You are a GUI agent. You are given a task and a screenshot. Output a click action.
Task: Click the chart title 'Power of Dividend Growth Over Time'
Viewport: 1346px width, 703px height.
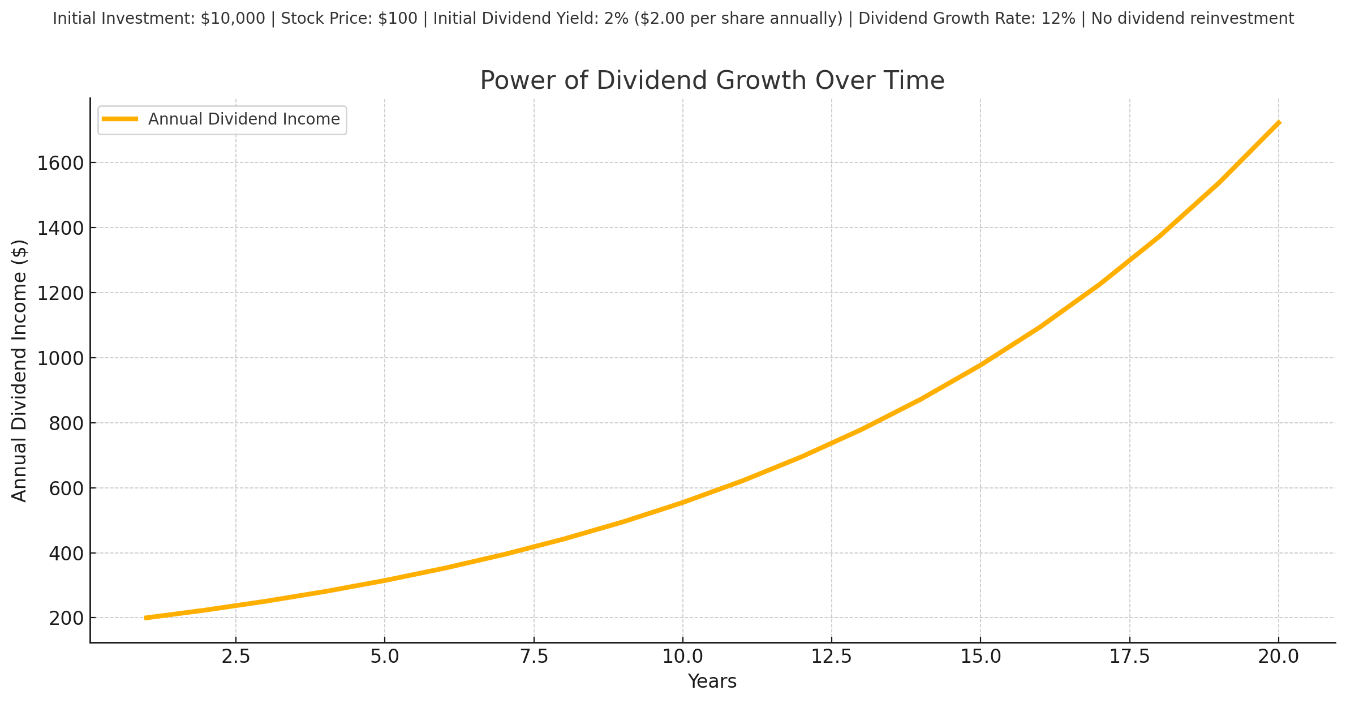pos(712,80)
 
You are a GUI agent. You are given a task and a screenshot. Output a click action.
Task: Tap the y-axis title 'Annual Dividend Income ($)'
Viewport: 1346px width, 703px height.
pos(20,371)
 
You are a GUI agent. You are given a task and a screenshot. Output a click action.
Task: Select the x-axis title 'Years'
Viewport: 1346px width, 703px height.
pos(712,681)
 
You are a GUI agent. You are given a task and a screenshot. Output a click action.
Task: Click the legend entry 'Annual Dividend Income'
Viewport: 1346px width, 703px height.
pos(244,119)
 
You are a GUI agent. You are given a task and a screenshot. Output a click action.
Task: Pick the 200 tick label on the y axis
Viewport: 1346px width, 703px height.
pos(66,619)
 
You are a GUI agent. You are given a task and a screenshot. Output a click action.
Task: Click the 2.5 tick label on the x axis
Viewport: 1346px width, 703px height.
pos(236,657)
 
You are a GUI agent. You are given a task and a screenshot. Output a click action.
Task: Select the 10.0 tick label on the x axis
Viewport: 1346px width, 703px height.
pos(682,657)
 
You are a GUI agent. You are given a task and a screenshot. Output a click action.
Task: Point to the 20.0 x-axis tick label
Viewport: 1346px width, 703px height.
pos(1278,657)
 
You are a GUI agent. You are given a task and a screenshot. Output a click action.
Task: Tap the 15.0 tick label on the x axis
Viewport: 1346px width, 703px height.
pos(981,657)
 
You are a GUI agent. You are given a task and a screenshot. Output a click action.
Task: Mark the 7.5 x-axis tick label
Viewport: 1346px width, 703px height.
pos(534,657)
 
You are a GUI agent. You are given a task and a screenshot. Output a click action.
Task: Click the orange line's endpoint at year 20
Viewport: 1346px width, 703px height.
pos(1279,122)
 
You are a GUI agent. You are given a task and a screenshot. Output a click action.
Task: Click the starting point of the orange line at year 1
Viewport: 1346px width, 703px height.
pos(146,618)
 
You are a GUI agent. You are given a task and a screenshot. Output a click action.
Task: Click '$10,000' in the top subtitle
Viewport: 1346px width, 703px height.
pos(233,19)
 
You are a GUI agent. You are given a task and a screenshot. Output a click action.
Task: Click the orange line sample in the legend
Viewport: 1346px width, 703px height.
pos(120,119)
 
